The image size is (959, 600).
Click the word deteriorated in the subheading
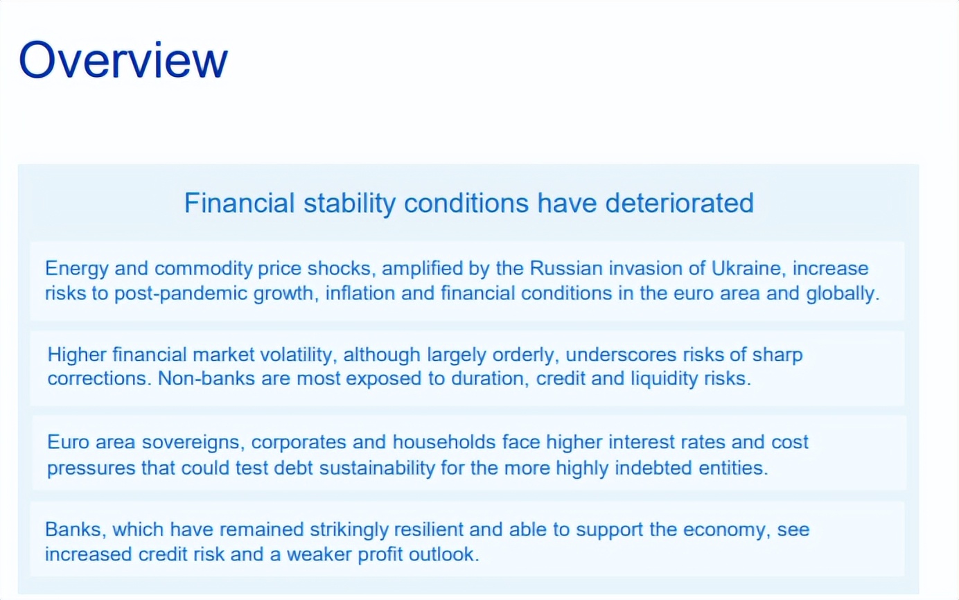click(x=680, y=202)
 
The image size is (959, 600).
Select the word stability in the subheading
click(x=349, y=204)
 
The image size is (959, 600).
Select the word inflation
click(x=358, y=293)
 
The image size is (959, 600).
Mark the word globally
click(x=843, y=294)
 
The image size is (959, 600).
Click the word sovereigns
click(x=193, y=443)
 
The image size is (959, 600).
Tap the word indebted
click(x=653, y=468)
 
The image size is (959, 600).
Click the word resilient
click(x=428, y=530)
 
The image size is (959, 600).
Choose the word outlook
click(x=444, y=554)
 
